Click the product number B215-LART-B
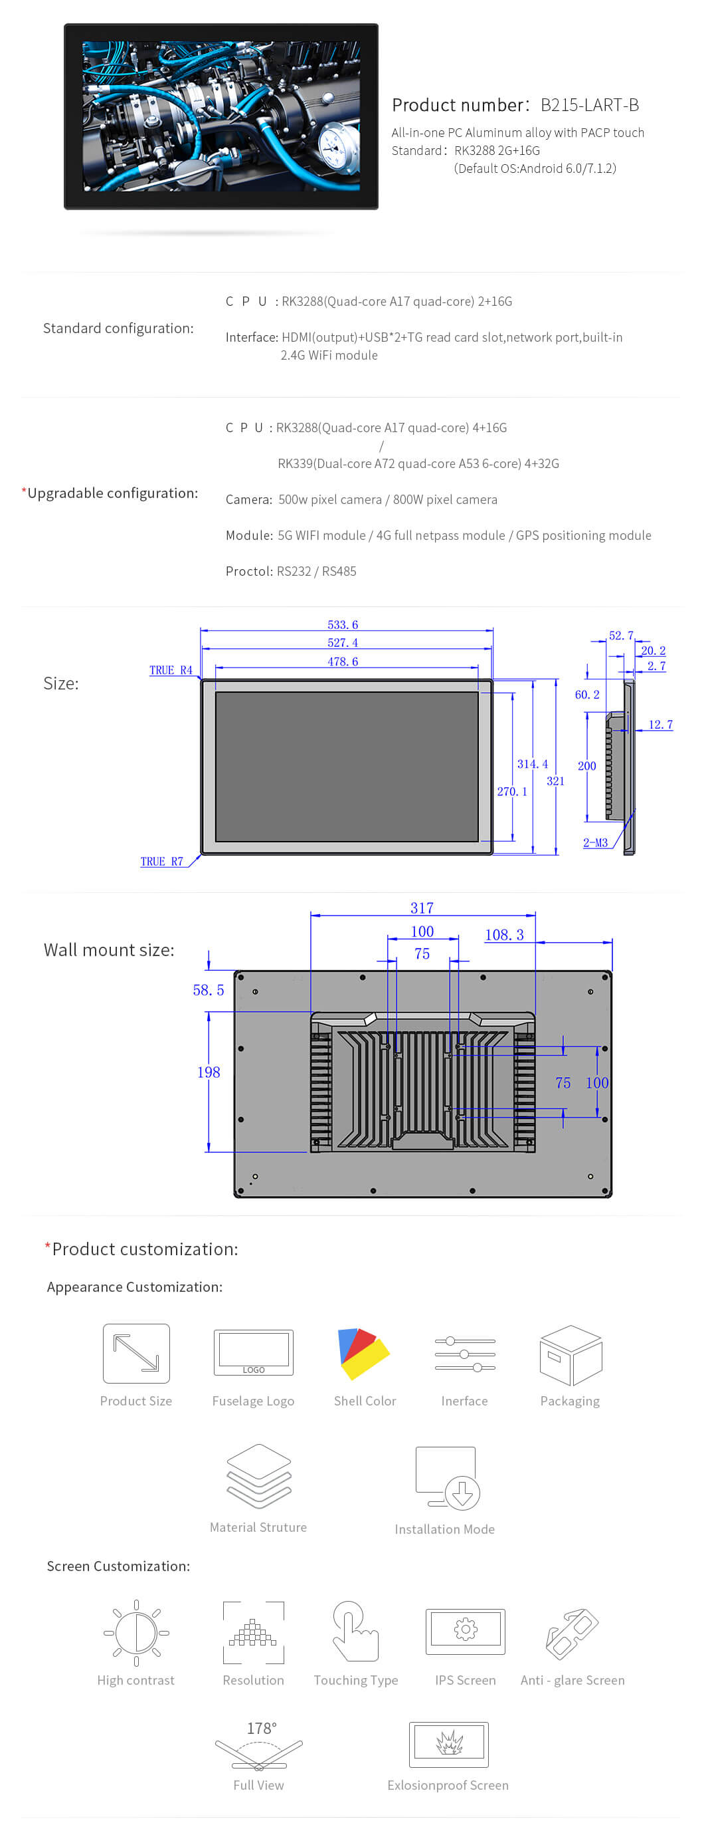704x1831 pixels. [x=589, y=105]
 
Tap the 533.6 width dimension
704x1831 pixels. [x=343, y=625]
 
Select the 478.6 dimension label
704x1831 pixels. [x=343, y=662]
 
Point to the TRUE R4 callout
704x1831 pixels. [x=171, y=670]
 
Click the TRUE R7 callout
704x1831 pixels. [x=161, y=862]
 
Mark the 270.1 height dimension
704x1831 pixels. [x=512, y=792]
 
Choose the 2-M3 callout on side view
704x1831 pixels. [x=595, y=843]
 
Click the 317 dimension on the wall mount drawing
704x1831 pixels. [x=421, y=908]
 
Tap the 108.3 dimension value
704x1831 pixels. [x=504, y=935]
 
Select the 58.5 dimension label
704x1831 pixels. [x=208, y=990]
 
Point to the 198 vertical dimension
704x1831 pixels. [x=209, y=1072]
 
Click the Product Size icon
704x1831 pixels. [x=136, y=1354]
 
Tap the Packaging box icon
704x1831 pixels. [x=571, y=1355]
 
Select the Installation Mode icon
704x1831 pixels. [x=447, y=1479]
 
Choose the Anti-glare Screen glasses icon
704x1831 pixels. [x=572, y=1633]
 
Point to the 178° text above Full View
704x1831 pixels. [x=262, y=1729]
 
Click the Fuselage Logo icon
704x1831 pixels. [x=254, y=1352]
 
